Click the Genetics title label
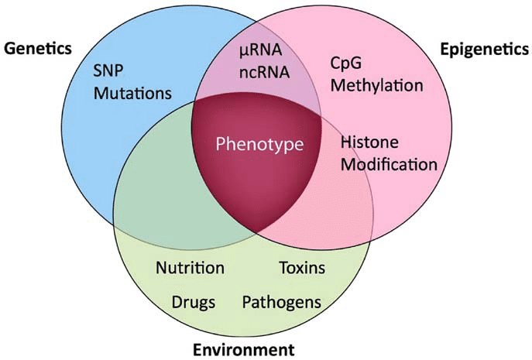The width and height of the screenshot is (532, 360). point(38,48)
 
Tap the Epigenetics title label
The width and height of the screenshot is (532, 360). point(484,48)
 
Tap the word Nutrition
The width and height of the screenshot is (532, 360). point(190,269)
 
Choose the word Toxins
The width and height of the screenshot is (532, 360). point(302,269)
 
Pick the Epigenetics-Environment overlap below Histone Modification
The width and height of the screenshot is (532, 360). point(333,209)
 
